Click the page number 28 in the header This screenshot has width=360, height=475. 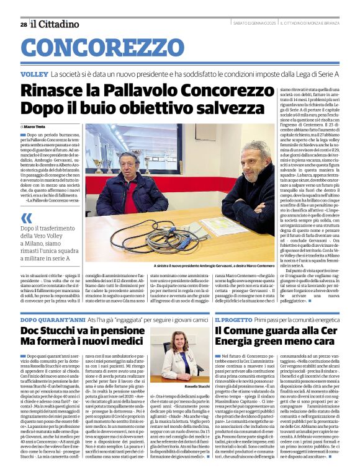(24, 24)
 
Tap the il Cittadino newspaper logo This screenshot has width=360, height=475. (56, 24)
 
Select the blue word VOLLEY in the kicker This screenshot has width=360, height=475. (34, 74)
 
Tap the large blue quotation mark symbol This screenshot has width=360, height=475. (26, 218)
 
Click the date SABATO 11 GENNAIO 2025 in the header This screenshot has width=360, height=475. (250, 24)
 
